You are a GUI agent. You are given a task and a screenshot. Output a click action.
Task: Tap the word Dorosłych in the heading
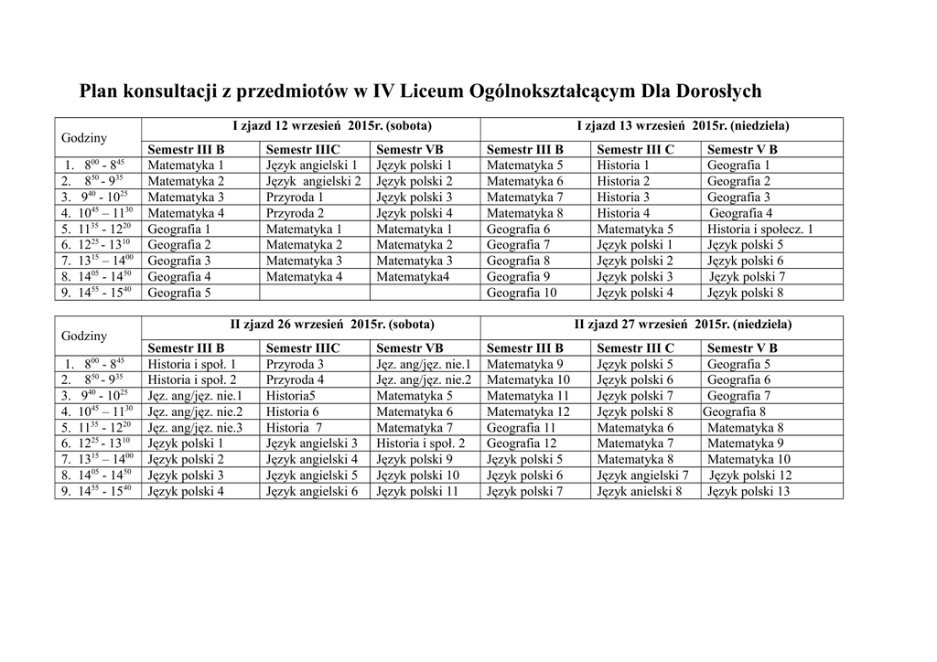[716, 91]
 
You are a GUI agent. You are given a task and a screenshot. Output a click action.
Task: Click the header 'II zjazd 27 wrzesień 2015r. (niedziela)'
[684, 325]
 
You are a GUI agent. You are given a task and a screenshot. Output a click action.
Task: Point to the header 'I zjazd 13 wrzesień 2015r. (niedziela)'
[683, 125]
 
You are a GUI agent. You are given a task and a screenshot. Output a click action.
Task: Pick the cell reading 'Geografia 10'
[522, 294]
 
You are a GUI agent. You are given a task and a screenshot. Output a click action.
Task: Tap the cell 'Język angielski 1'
[311, 165]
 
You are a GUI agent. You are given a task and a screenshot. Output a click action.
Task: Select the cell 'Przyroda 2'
[295, 213]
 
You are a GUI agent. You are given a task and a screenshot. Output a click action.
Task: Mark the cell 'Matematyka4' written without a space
[413, 277]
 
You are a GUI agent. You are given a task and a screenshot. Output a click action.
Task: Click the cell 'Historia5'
[291, 396]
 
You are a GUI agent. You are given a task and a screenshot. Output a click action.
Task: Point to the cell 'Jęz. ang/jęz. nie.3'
[196, 428]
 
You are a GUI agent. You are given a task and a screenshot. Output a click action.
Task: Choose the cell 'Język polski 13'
[749, 492]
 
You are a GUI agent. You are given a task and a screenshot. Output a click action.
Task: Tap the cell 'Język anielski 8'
[640, 492]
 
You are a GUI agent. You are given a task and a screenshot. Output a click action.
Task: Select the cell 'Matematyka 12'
[528, 412]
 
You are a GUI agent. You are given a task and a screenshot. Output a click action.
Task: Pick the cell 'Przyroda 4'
[295, 379]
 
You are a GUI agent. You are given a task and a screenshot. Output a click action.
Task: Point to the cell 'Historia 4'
[624, 213]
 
